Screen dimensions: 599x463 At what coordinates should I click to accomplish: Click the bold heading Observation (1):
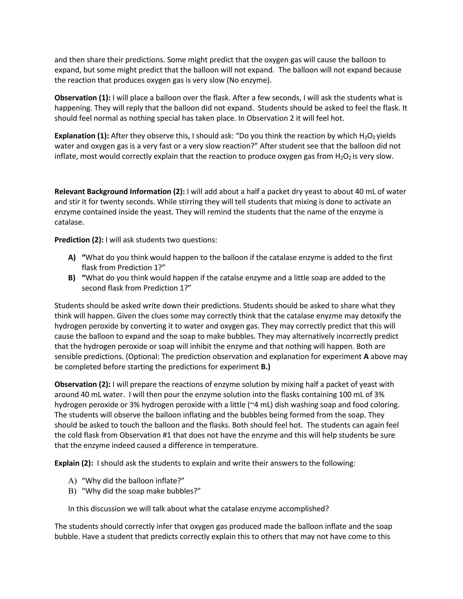pyautogui.click(x=82, y=98)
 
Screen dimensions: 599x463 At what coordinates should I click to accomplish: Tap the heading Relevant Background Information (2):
pyautogui.click(x=120, y=191)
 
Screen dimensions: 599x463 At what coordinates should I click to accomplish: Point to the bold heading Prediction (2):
pyautogui.click(x=79, y=240)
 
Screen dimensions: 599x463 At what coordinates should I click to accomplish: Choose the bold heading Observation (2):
pyautogui.click(x=82, y=384)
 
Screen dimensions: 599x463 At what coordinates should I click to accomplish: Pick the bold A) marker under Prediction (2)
pyautogui.click(x=72, y=257)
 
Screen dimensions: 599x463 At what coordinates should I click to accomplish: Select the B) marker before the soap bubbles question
pyautogui.click(x=72, y=491)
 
